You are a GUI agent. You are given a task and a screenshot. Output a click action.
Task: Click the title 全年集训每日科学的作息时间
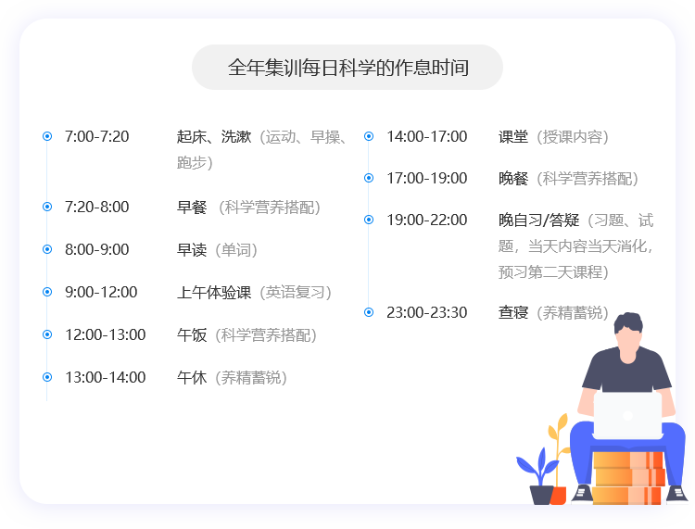[347, 68]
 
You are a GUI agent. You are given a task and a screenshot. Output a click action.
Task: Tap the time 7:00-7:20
[96, 136]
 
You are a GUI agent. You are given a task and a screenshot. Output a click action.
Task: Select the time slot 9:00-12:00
[101, 292]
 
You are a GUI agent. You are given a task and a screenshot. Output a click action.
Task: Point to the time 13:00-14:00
[106, 377]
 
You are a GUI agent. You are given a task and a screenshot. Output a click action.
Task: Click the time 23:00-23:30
[427, 312]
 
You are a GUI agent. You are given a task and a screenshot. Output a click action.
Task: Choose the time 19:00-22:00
[427, 220]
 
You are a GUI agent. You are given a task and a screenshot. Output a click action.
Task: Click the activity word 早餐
[192, 207]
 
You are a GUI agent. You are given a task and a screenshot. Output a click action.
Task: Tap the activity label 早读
[192, 249]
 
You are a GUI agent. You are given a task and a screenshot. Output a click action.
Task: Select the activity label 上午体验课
[214, 292]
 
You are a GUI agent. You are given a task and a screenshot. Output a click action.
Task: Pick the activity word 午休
[192, 377]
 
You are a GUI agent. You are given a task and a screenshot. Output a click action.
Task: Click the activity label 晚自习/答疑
[538, 220]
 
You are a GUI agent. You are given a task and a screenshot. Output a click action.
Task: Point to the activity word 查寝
[513, 312]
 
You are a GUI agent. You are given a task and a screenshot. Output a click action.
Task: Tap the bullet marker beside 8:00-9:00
[47, 249]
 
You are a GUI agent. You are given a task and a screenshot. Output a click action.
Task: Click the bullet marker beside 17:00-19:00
[369, 178]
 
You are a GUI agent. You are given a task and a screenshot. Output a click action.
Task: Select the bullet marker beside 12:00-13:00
[47, 334]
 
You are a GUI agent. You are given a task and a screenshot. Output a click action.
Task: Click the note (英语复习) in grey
[296, 293]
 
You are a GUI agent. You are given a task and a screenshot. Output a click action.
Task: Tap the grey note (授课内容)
[573, 137]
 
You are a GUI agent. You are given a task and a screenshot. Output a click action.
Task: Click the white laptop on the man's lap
[627, 415]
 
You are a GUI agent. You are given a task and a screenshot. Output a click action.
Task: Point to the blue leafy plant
[537, 467]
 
